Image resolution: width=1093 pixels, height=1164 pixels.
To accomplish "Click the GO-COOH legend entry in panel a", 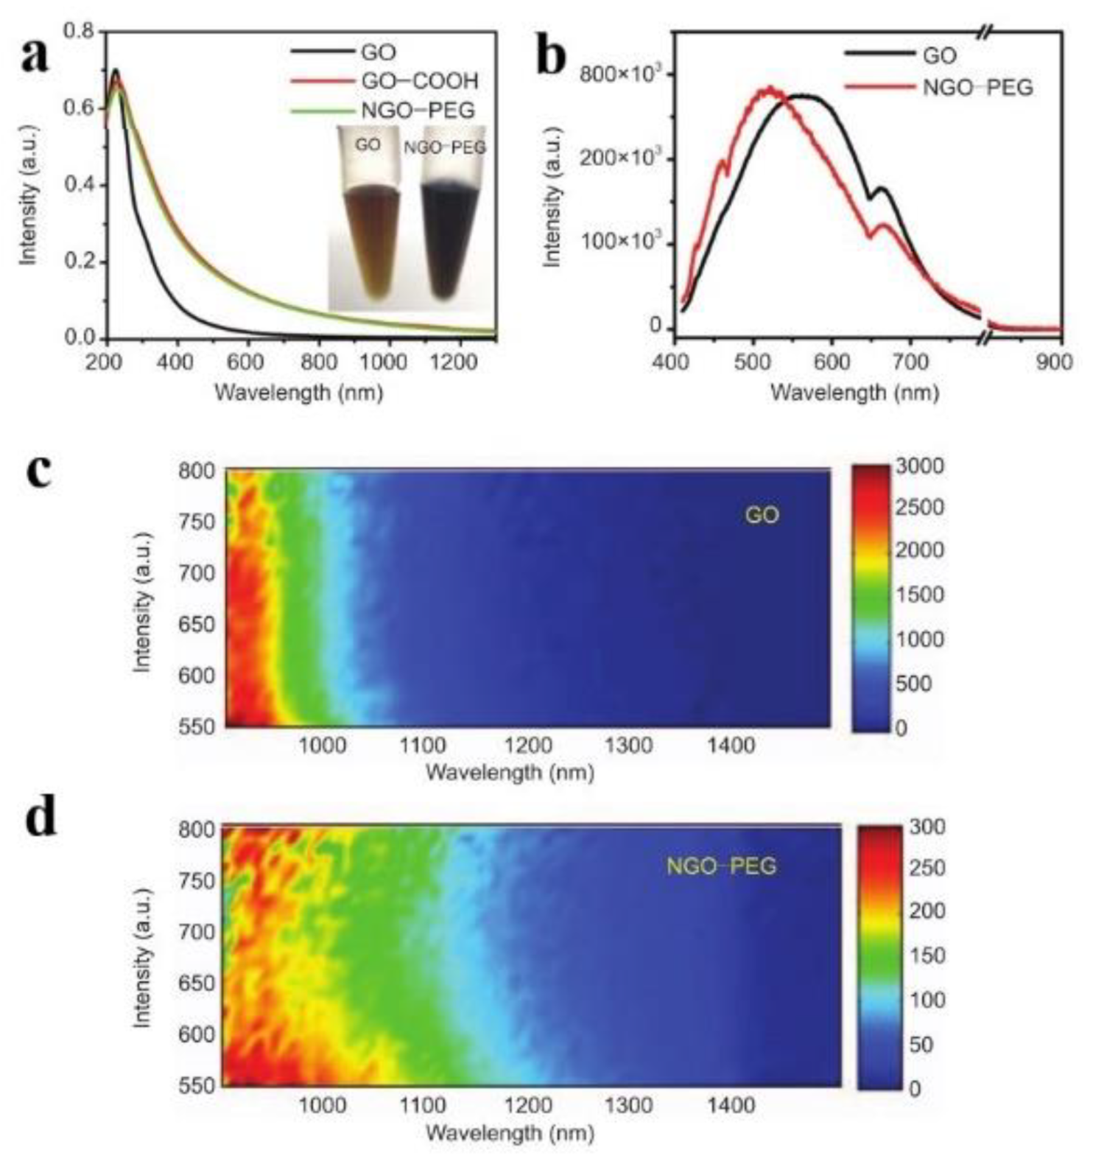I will pyautogui.click(x=419, y=81).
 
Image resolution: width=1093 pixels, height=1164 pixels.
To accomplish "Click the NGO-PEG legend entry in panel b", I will pyautogui.click(x=977, y=88).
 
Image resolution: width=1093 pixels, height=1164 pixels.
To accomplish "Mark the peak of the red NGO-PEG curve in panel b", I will pyautogui.click(x=768, y=89).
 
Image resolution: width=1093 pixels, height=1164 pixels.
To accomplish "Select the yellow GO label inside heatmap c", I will pyautogui.click(x=761, y=515).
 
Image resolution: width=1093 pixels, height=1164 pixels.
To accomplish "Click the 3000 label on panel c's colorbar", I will pyautogui.click(x=920, y=466).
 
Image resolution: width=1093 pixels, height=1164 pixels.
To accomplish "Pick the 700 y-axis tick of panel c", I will pyautogui.click(x=197, y=572).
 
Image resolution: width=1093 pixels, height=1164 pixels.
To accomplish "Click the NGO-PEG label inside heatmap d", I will pyautogui.click(x=721, y=866).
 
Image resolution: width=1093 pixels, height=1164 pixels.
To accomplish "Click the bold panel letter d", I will pyautogui.click(x=41, y=820).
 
